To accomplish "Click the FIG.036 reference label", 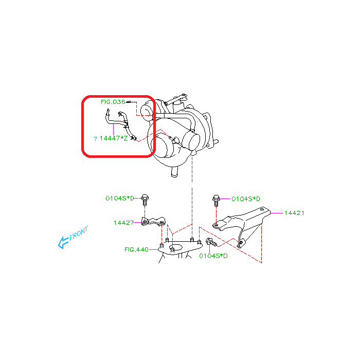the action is click(113, 102).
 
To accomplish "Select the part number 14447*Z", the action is click(114, 138).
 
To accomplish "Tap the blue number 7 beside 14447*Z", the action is click(95, 139).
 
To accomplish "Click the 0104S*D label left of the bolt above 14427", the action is click(120, 199).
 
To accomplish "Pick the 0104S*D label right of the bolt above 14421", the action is click(246, 199).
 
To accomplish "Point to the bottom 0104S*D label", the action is click(213, 256).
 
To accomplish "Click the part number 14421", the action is click(294, 213).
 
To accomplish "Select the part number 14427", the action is click(123, 223).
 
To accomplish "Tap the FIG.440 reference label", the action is click(136, 249).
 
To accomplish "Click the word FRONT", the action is click(79, 233).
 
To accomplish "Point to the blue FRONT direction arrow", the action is click(63, 243).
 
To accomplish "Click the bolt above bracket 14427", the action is click(145, 200).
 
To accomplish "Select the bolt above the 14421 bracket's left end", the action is click(216, 201).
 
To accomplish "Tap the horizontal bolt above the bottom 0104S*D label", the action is click(211, 242).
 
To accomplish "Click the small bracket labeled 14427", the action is click(153, 222).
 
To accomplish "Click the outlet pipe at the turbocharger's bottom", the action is click(174, 172).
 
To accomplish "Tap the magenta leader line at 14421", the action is click(277, 213).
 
